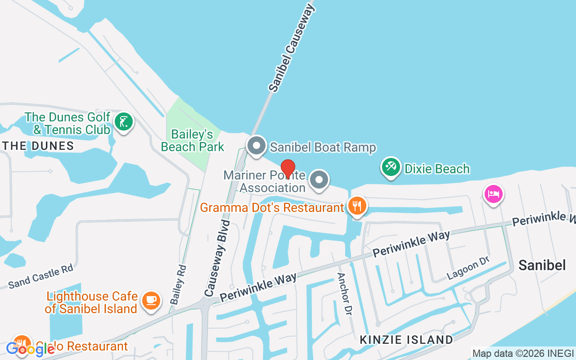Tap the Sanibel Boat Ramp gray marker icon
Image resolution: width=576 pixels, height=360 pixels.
coord(257,146)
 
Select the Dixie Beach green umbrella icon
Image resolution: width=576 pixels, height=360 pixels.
coord(391,167)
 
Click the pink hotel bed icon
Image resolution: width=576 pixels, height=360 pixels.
coord(493,194)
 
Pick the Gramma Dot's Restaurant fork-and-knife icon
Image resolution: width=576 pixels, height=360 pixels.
coord(357,206)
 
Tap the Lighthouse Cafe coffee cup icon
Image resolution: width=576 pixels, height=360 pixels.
coord(151,300)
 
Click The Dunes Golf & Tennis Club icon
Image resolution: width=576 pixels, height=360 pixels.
coord(123,121)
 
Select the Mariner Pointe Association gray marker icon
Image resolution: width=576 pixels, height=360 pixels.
coord(319,180)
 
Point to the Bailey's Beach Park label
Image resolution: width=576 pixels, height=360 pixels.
coord(193,140)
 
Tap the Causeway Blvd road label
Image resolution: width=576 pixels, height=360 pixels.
coord(217,258)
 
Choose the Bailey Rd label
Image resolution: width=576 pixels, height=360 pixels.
coord(178,284)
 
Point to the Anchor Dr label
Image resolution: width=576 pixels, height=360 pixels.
coord(344,294)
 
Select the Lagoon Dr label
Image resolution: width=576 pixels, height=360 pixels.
coord(468,269)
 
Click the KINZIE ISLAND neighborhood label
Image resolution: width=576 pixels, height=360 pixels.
coord(406,340)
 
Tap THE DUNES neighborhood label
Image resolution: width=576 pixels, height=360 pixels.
coord(38,146)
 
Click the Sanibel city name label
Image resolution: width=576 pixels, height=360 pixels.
coord(542,265)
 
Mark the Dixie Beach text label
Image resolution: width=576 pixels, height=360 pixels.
coord(437,169)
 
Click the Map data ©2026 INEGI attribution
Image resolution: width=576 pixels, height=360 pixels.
coord(523,353)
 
